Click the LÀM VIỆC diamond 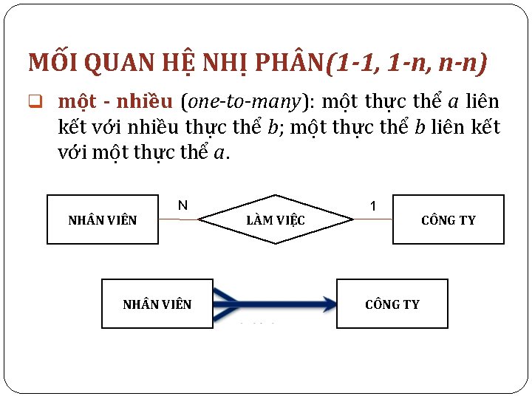[x=276, y=219]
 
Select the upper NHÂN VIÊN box [x=103, y=219]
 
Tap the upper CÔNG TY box [x=448, y=219]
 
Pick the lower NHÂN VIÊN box [x=157, y=304]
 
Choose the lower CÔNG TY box [x=392, y=304]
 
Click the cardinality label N [x=183, y=205]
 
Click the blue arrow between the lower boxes [x=274, y=302]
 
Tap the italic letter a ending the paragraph [x=225, y=154]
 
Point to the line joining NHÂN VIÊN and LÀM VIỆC [x=178, y=219]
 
